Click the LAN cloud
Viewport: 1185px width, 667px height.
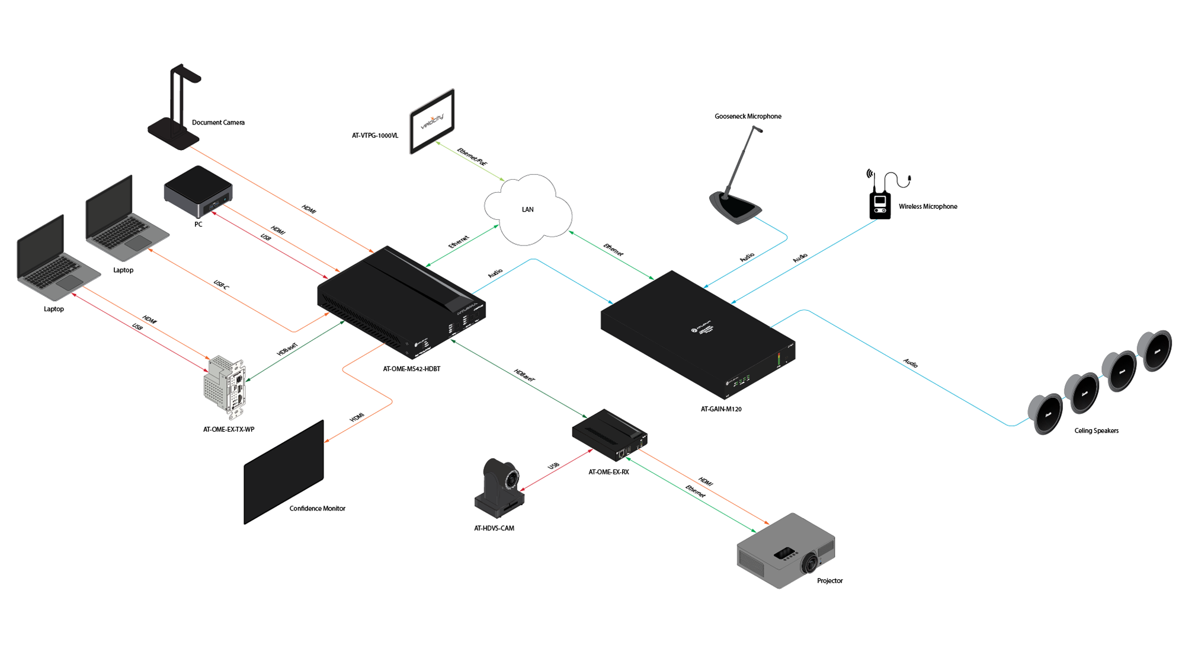tap(527, 209)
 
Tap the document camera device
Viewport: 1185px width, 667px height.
tap(175, 110)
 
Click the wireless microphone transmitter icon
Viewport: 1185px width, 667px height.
tap(880, 202)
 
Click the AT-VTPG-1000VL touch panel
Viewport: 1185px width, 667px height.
tap(432, 121)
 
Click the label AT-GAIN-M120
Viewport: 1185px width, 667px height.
tap(721, 409)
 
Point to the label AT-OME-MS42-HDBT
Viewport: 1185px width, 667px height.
tap(411, 369)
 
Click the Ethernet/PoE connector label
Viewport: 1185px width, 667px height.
tap(472, 157)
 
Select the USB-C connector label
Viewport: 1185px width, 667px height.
tap(221, 285)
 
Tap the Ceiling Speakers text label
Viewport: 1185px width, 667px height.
tap(1096, 431)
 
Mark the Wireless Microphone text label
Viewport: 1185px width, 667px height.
tap(928, 206)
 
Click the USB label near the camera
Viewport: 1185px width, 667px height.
tap(553, 466)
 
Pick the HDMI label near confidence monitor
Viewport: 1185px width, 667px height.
tap(357, 418)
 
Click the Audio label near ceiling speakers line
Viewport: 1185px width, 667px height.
tap(911, 363)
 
